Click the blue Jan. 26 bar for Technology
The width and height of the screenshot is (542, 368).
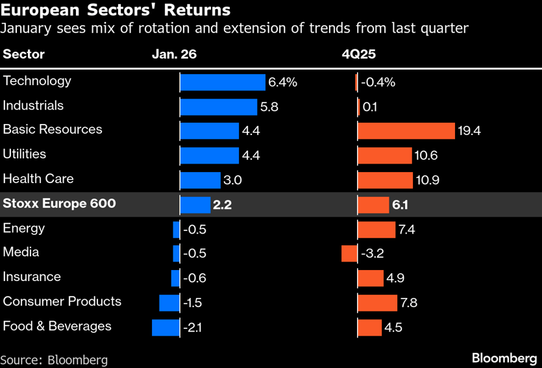coord(223,82)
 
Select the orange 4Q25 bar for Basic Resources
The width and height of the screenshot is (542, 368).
coord(406,131)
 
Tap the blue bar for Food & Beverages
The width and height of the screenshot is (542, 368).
coord(166,327)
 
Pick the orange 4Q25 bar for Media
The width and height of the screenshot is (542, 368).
coord(349,253)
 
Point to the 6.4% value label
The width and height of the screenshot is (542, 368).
coord(282,82)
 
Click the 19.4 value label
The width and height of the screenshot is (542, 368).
coord(469,131)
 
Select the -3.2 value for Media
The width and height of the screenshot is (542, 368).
coord(373,253)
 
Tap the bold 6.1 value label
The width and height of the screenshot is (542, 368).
coord(399,205)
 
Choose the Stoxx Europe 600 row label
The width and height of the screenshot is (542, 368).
coord(59,204)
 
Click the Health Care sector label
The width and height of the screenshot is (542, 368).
coord(38,178)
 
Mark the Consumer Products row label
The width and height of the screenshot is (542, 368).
coord(62,301)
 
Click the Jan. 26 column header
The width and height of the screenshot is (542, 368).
coord(174,55)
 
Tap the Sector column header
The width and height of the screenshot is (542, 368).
coord(24,55)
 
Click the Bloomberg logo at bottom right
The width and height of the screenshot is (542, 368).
coord(504,358)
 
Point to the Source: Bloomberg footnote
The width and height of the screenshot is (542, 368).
coord(54,360)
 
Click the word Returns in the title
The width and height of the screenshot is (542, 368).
coord(199,10)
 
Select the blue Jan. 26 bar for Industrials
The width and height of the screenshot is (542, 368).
coord(219,107)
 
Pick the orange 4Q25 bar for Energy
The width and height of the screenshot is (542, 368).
coord(376,229)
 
